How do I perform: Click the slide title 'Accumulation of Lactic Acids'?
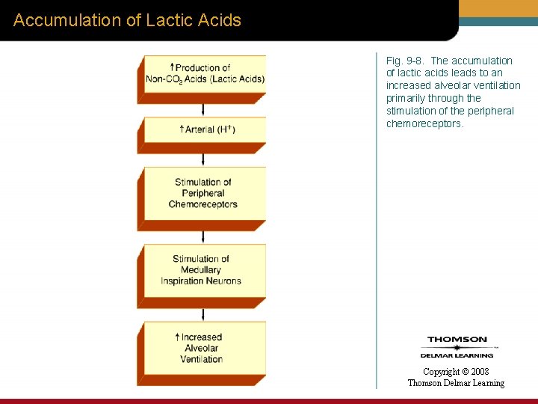[x=127, y=20]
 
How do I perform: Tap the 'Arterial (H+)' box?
[x=205, y=129]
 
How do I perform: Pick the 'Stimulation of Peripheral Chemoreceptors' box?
[x=203, y=193]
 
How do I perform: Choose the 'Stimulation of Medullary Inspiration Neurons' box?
[x=201, y=270]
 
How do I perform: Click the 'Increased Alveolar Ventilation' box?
[x=201, y=349]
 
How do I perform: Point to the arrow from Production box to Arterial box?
[x=202, y=110]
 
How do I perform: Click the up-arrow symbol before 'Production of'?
[x=172, y=67]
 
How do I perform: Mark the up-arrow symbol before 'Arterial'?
[x=182, y=129]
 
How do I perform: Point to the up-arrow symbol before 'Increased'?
[x=177, y=337]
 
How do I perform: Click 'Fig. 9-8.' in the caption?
[x=406, y=61]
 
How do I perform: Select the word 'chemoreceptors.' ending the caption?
[x=425, y=123]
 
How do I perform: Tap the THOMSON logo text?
[x=457, y=340]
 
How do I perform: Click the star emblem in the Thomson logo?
[x=457, y=347]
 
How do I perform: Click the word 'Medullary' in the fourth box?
[x=201, y=270]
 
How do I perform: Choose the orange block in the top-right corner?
[x=499, y=8]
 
